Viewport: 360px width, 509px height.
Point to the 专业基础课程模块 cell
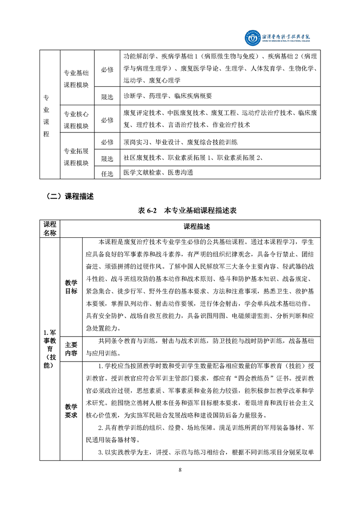(76, 79)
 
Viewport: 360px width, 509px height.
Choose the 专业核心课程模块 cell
(76, 120)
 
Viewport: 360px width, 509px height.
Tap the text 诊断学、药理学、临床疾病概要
(168, 96)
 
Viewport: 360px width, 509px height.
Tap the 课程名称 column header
(49, 229)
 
